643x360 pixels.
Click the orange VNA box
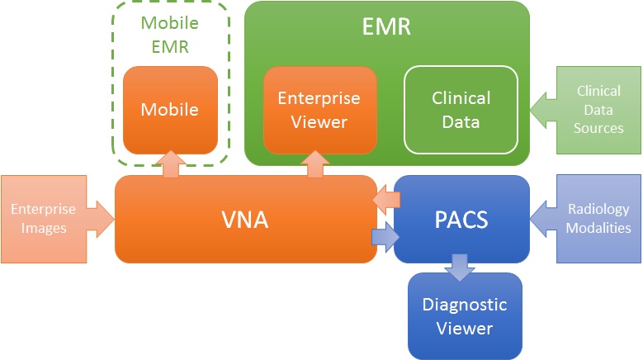coord(245,220)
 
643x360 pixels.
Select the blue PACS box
coord(461,220)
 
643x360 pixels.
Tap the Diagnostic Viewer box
coord(464,316)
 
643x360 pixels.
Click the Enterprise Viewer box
coord(319,110)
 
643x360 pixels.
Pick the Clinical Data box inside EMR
coord(461,110)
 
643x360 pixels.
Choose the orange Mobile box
coord(170,110)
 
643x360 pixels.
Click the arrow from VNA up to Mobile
coord(172,163)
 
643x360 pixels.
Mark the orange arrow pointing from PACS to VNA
coord(385,200)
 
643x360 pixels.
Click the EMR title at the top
coord(386,26)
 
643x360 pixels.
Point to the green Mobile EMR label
coord(170,35)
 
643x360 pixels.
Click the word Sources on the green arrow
coord(599,128)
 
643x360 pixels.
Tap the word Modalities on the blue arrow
coord(598,228)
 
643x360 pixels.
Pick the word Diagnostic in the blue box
coord(464,305)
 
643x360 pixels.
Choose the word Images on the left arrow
coord(44,228)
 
